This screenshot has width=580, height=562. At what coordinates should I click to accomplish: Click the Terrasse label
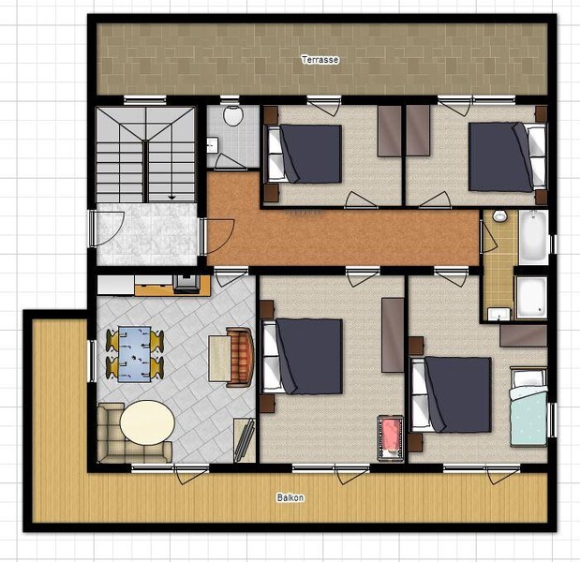(x=320, y=60)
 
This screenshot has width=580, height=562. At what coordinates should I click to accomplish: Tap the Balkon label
(x=290, y=497)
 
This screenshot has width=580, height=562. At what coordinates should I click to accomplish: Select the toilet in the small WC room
(x=233, y=115)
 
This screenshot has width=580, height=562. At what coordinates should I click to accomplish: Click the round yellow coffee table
(x=147, y=422)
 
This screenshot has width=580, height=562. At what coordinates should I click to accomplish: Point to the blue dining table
(x=134, y=354)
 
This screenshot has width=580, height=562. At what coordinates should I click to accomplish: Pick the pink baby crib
(x=390, y=437)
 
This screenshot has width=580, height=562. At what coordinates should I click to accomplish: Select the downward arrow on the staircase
(x=171, y=198)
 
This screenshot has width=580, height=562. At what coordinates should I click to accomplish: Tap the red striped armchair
(x=241, y=357)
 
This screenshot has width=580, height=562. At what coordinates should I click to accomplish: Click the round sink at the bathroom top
(x=499, y=216)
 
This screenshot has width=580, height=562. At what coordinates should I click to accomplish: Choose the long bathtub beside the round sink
(x=533, y=237)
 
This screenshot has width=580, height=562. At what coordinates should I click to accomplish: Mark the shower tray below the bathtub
(x=531, y=297)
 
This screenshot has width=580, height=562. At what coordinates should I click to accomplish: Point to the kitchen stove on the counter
(x=187, y=284)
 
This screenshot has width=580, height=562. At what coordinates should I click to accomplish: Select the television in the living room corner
(x=245, y=439)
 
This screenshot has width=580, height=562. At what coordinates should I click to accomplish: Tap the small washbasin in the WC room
(x=212, y=144)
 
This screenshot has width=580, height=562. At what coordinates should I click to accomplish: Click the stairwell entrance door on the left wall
(x=92, y=229)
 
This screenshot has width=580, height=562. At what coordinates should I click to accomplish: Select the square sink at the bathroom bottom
(x=498, y=314)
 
